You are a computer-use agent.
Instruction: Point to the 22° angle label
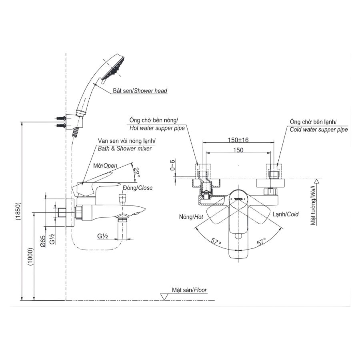(x=137, y=172)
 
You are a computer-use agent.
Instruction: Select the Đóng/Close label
(x=138, y=188)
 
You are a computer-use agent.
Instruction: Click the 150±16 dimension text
(x=239, y=140)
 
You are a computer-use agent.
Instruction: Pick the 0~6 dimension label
(x=172, y=166)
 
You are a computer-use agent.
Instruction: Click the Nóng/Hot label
(x=192, y=216)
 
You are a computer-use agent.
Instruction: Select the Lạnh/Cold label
(x=286, y=214)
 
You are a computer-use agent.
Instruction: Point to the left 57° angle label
(x=216, y=241)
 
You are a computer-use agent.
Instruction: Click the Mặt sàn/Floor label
(x=190, y=290)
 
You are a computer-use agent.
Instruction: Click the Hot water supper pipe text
(x=156, y=128)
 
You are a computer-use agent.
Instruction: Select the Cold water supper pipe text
(x=319, y=129)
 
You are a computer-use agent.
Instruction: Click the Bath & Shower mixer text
(x=125, y=148)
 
